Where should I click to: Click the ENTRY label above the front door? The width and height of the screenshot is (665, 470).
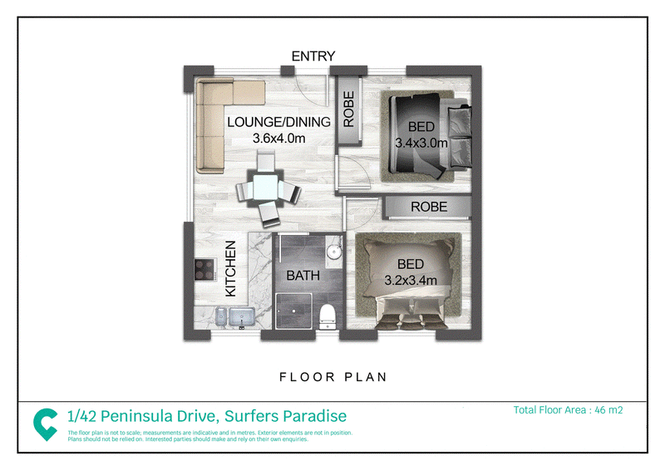click(x=313, y=56)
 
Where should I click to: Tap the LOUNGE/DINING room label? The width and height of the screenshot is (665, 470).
click(x=278, y=122)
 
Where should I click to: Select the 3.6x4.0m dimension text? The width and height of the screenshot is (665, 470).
click(x=278, y=138)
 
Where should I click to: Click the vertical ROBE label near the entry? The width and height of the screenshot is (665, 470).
click(x=348, y=110)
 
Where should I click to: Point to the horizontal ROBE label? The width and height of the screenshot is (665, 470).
click(x=429, y=207)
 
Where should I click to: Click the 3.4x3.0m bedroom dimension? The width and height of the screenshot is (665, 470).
click(x=421, y=143)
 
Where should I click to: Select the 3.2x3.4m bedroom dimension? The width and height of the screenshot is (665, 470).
click(x=411, y=280)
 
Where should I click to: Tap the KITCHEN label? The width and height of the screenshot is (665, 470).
click(x=230, y=269)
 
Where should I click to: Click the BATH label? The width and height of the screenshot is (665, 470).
click(x=303, y=276)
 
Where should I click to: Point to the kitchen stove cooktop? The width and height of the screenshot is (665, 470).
click(x=204, y=270)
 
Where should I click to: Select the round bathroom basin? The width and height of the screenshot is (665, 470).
click(x=334, y=252)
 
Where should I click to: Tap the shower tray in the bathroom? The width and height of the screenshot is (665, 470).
click(x=294, y=311)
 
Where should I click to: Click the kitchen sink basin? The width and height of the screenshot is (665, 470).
click(x=242, y=317)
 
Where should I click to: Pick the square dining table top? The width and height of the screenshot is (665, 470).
click(x=265, y=188)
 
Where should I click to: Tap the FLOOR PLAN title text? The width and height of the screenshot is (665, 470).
click(x=333, y=377)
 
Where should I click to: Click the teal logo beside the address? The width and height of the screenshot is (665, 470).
click(x=46, y=423)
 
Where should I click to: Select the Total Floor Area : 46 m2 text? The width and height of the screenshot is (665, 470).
click(x=568, y=410)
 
